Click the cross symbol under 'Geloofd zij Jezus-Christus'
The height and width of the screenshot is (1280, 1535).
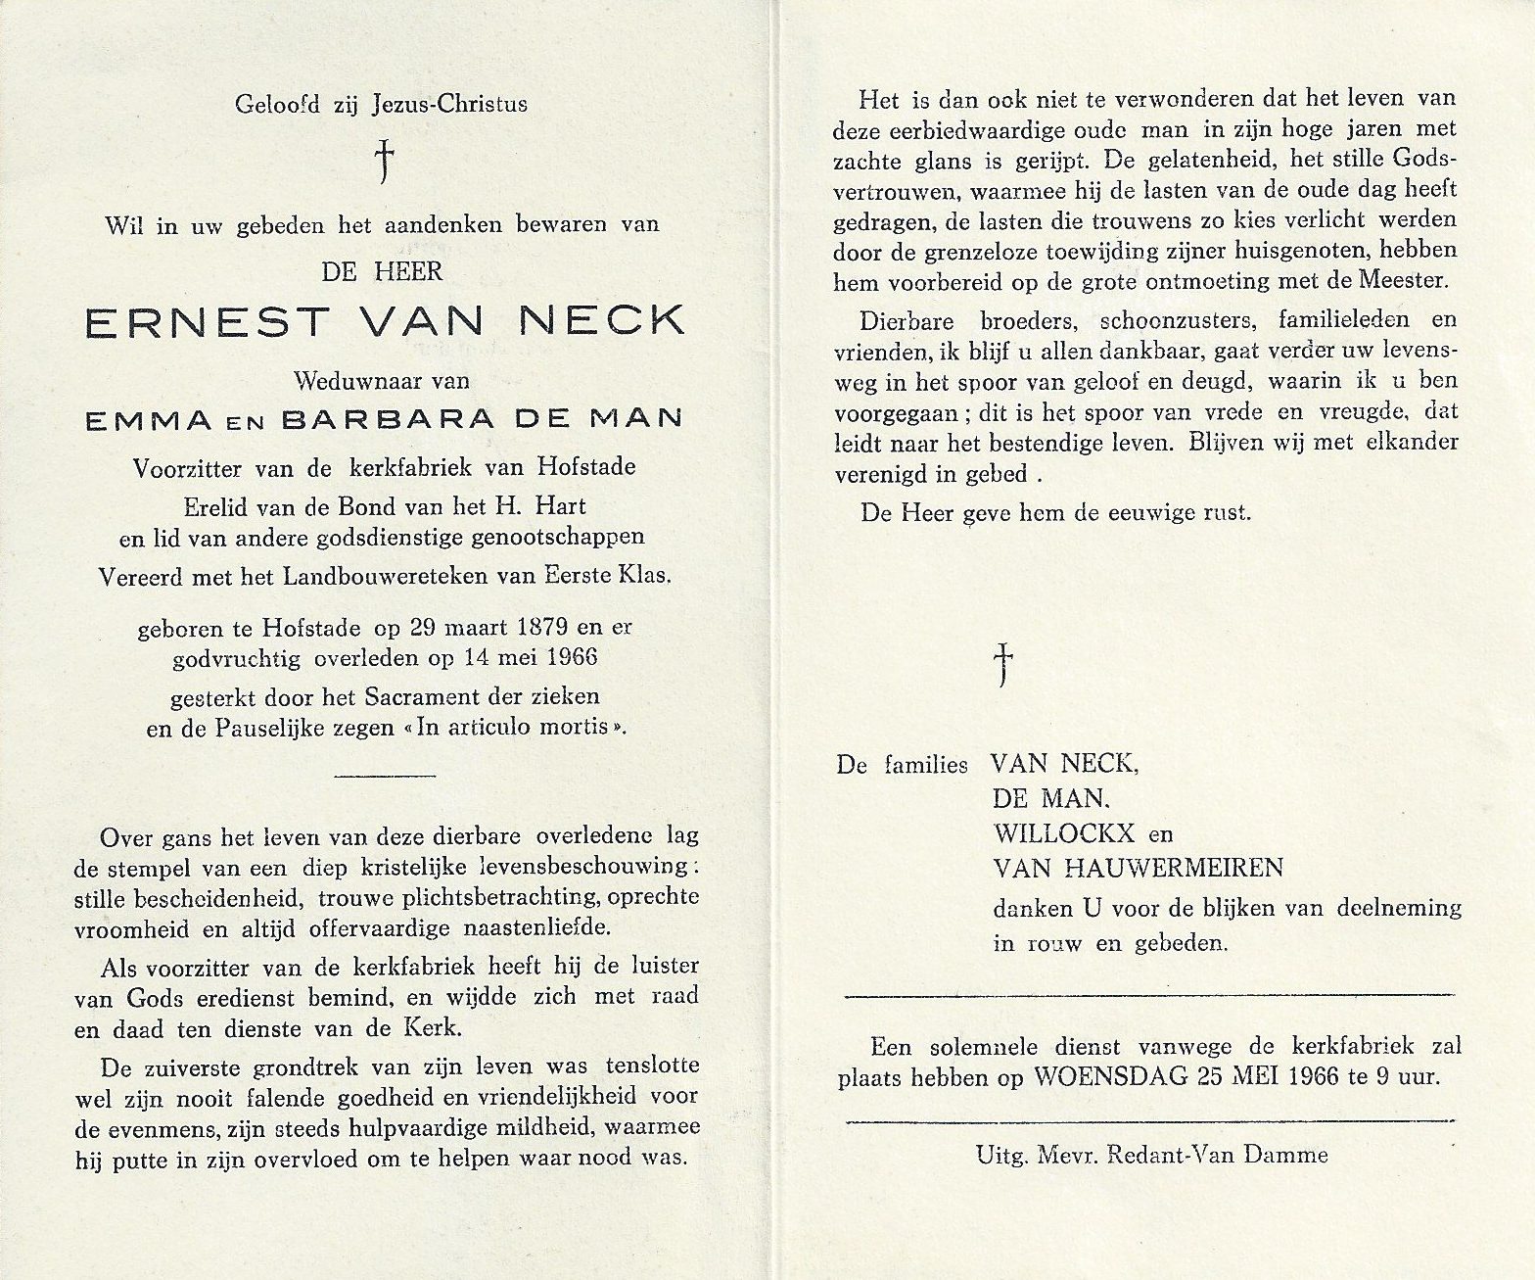click(386, 161)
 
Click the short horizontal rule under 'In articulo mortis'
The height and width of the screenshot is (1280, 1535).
click(385, 775)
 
